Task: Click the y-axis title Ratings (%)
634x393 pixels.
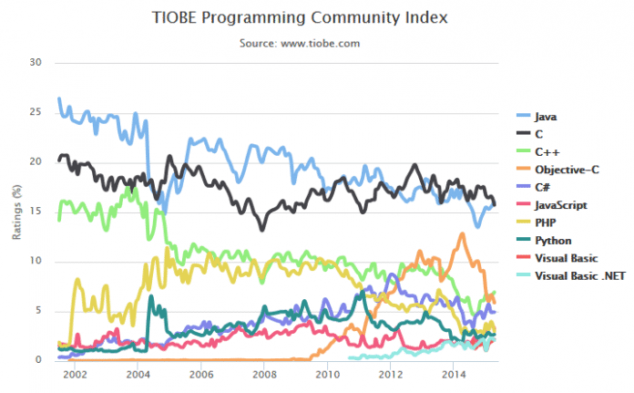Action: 15,212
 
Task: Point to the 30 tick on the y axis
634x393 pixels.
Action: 36,63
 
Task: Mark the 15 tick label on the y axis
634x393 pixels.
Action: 36,212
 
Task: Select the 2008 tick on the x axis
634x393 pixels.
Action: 262,374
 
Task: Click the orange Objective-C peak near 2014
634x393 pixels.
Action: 463,234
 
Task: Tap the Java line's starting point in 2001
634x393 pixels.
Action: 59,98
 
